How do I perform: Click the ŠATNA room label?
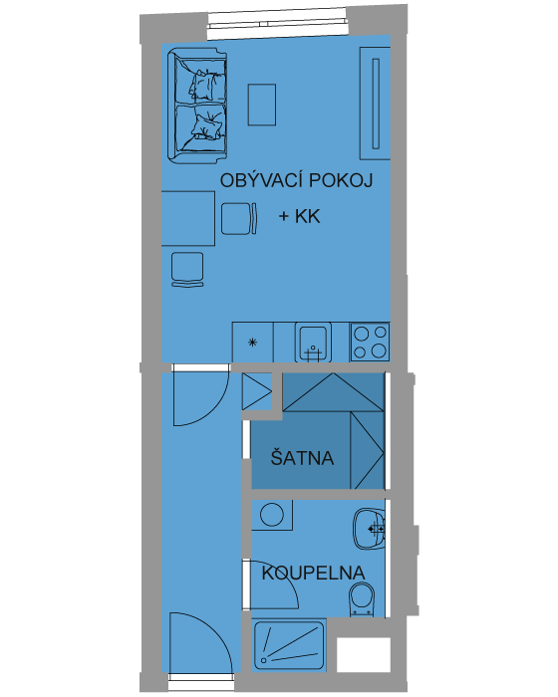302,457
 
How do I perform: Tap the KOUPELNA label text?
313,573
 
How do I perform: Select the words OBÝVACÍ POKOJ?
296,180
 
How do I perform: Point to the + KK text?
299,216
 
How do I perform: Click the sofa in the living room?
197,106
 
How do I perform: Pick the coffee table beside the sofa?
262,105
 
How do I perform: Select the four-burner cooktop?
370,342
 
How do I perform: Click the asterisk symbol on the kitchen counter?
253,343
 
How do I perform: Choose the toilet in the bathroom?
362,599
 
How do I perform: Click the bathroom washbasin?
369,529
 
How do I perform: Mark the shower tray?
289,644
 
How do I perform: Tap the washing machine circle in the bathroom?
272,515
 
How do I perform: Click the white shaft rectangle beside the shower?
364,655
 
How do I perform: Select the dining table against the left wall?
187,218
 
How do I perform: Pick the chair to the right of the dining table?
239,218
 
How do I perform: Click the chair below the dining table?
187,269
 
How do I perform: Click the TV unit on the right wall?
375,104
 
